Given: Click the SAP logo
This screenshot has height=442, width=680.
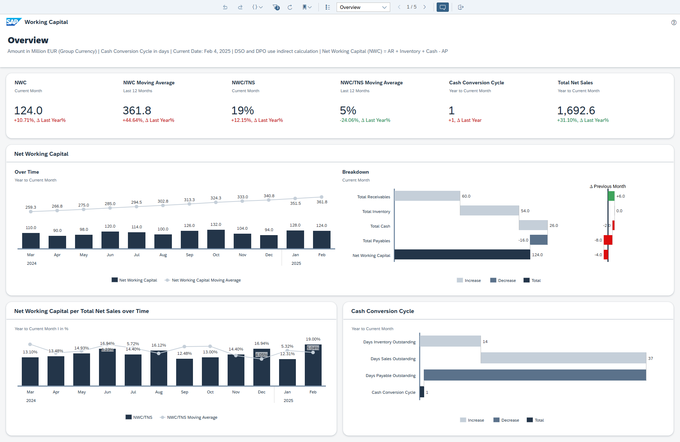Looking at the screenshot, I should (x=14, y=22).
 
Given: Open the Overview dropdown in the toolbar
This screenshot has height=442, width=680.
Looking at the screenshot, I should (x=363, y=7).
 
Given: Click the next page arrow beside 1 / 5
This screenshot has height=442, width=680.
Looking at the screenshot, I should (x=425, y=7).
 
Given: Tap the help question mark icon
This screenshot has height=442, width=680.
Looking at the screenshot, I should (x=674, y=23).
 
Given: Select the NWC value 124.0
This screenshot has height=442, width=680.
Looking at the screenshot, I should (x=28, y=110).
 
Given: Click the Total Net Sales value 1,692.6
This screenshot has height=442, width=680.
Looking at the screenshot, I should (x=576, y=110).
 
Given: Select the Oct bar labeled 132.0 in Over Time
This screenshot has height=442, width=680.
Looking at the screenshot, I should (x=216, y=239).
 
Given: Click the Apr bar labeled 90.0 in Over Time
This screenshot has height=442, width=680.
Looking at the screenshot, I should (x=57, y=242).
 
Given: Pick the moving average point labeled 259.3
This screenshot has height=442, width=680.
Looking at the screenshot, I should (x=31, y=212).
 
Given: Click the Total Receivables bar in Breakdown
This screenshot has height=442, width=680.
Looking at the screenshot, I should (x=427, y=196).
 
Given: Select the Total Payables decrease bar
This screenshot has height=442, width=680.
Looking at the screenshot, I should (x=538, y=240).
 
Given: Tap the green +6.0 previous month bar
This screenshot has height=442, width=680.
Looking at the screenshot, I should (x=611, y=196).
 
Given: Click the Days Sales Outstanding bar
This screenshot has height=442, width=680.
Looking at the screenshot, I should (x=563, y=358).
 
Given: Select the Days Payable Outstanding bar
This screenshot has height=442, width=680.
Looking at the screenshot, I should (x=535, y=375).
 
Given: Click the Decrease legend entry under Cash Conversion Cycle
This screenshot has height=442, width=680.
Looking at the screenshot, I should (x=506, y=420).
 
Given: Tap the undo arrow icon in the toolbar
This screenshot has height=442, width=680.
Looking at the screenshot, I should (x=225, y=7).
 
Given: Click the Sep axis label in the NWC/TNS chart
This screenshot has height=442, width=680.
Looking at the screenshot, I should (x=184, y=392).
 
